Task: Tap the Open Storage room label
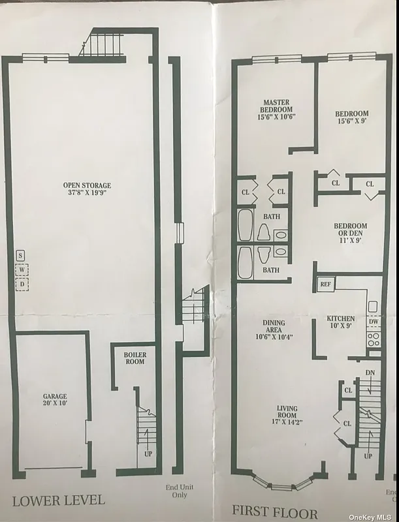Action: coord(82,189)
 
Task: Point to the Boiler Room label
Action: coord(135,358)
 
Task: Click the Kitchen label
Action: coord(341,322)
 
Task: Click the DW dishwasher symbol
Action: coord(373,322)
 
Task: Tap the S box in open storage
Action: coord(21,255)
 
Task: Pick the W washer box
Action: coord(21,269)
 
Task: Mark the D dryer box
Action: coord(21,284)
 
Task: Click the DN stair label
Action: coord(370,372)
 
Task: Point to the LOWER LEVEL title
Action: coord(58,501)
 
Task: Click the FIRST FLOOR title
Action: coord(276,513)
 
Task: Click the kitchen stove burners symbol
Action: coord(373,339)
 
